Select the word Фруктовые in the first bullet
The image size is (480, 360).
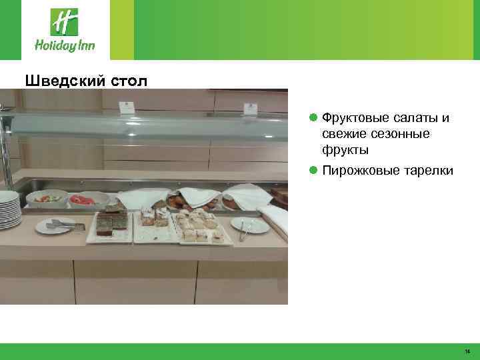point(353,118)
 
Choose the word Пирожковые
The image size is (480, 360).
point(360,171)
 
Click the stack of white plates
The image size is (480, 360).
point(9,209)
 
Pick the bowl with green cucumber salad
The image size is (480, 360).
point(47,197)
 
